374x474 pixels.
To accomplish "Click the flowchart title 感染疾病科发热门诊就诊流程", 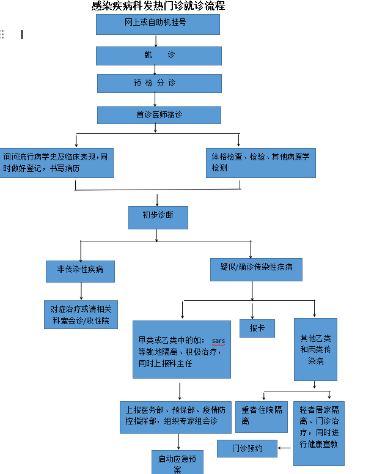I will [x=158, y=7].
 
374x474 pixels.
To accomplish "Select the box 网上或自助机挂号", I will [x=158, y=24].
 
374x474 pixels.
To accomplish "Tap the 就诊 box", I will [x=158, y=55].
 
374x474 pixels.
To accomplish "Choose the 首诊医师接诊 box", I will [x=159, y=115].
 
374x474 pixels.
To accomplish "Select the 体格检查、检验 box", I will [x=260, y=162].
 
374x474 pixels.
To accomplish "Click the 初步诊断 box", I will [x=158, y=216].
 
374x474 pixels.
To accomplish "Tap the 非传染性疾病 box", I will [x=80, y=270].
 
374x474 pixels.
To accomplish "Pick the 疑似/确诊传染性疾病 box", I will [x=256, y=267].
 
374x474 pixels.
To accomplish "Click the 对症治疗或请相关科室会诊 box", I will [x=80, y=314].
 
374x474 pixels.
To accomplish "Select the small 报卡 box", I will [x=257, y=328].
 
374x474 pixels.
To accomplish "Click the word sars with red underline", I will [x=219, y=340].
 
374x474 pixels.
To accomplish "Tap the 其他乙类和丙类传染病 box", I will [x=315, y=349].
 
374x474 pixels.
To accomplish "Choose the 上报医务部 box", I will [x=175, y=415].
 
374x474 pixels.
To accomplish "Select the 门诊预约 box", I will [x=247, y=449].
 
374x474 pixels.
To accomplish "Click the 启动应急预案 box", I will [x=177, y=463].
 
